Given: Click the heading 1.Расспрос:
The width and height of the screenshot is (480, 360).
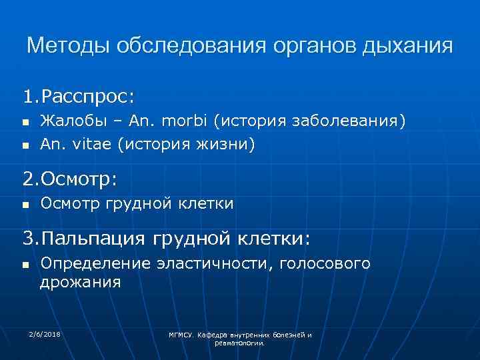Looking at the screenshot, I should coord(79,97).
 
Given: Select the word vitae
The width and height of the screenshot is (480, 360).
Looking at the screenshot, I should coord(90,143).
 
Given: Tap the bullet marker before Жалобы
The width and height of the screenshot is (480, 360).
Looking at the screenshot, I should coord(25,123).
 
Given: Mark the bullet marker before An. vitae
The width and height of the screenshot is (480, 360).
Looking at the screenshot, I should coord(25,144).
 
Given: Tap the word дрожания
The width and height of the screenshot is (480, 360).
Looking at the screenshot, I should coord(80,282).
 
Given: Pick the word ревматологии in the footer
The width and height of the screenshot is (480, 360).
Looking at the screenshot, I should coord(240,343).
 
